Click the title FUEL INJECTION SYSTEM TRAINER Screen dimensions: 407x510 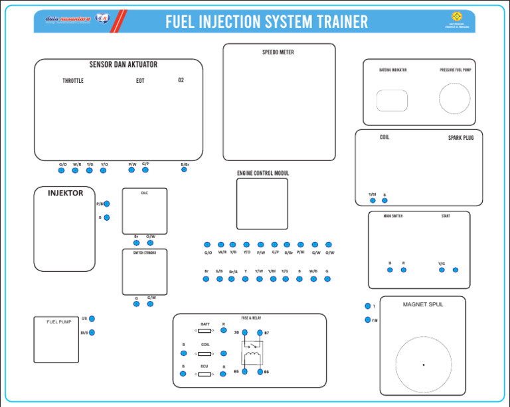click(266, 22)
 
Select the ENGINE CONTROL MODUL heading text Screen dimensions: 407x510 click(263, 173)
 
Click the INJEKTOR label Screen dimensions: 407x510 click(66, 193)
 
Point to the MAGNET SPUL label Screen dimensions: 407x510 click(422, 304)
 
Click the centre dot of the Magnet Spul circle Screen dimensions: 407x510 click(423, 365)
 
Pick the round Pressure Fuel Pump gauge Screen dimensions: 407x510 click(454, 99)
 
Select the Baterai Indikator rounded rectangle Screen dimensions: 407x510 click(392, 101)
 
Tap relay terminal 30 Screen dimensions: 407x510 click(244, 333)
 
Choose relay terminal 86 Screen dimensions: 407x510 click(260, 372)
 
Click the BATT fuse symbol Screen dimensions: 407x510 click(205, 330)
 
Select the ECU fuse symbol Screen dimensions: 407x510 click(205, 374)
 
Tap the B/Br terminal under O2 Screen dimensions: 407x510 click(184, 170)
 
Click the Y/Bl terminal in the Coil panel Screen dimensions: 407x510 click(373, 202)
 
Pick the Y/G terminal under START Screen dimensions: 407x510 click(442, 270)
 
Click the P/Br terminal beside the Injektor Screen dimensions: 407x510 click(107, 204)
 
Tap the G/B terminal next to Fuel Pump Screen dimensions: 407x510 click(92, 319)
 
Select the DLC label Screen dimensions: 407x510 click(144, 194)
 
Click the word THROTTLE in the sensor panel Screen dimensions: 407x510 click(73, 81)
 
